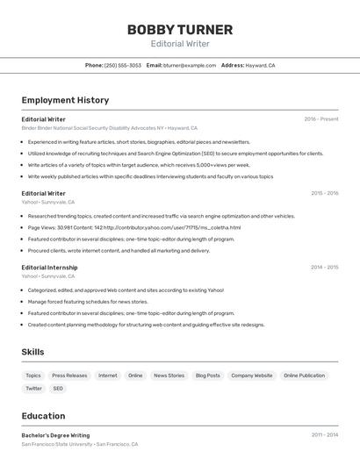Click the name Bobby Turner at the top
click(x=180, y=30)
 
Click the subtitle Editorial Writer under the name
click(x=180, y=43)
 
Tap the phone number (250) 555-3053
click(x=123, y=65)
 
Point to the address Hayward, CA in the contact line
click(x=260, y=65)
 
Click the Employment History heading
click(x=65, y=100)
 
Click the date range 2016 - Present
click(x=321, y=118)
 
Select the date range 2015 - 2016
click(x=324, y=193)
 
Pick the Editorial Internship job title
click(x=49, y=268)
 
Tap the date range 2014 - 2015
click(x=324, y=268)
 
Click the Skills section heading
click(x=33, y=352)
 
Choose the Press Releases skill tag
click(x=69, y=376)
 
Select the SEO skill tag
click(x=58, y=388)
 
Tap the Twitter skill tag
click(x=33, y=388)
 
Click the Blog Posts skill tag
click(x=207, y=376)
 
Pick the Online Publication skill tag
click(x=304, y=376)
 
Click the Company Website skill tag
click(x=252, y=376)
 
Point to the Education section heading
click(x=43, y=416)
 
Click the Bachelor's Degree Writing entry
click(x=55, y=434)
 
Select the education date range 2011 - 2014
click(x=325, y=434)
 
